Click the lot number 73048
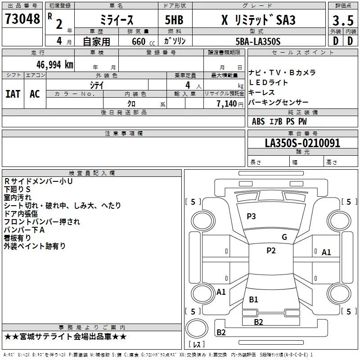coord(22,18)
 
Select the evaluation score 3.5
coord(343,20)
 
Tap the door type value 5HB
coord(174,20)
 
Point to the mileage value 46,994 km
coord(54,65)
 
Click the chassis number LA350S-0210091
coord(302,143)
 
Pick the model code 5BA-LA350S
coord(258,41)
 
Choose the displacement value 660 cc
coord(143,42)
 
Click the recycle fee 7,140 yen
coord(230,104)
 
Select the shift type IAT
coord(13,94)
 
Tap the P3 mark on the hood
coord(251,216)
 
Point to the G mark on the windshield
coord(284,237)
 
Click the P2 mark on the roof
coord(271,251)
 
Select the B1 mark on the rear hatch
coord(253,300)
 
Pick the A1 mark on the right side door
coord(326,252)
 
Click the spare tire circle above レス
coord(197,328)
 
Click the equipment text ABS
coord(258,121)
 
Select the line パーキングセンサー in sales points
coord(278,102)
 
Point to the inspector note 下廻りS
coord(17,189)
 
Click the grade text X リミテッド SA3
coord(258,20)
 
